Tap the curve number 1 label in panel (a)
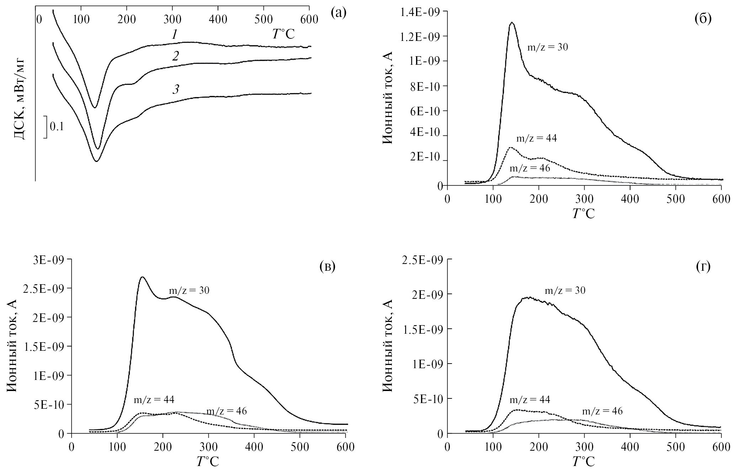pyautogui.click(x=174, y=35)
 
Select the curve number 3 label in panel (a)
pyautogui.click(x=175, y=90)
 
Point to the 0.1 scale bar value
pyautogui.click(x=57, y=127)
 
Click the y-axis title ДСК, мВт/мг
pyautogui.click(x=21, y=97)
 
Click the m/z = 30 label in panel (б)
pyautogui.click(x=547, y=47)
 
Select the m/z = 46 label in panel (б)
pyautogui.click(x=530, y=168)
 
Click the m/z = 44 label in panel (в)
pyautogui.click(x=154, y=399)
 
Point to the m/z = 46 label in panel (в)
pyautogui.click(x=227, y=411)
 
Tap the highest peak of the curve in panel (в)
pyautogui.click(x=142, y=277)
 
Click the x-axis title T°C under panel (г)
pyautogui.click(x=583, y=462)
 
